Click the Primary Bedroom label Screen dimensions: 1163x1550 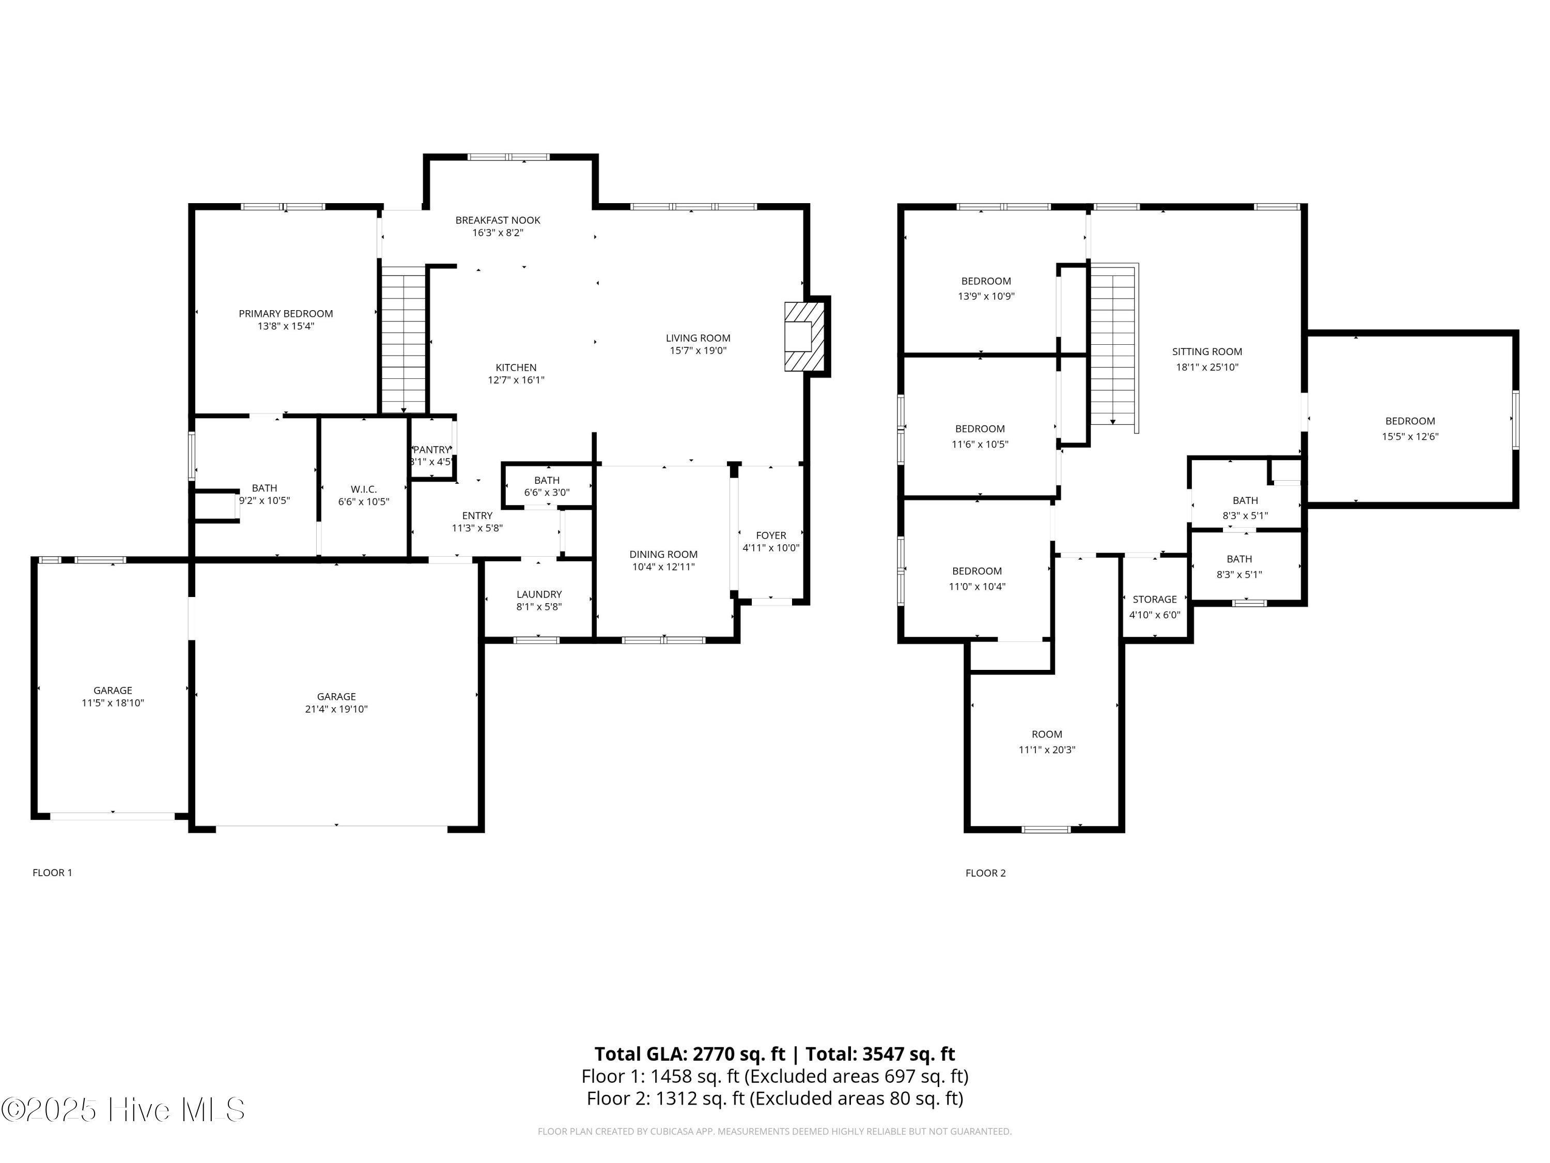[x=286, y=313]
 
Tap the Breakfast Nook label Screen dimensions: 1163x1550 [x=498, y=220]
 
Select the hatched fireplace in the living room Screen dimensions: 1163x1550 [x=804, y=336]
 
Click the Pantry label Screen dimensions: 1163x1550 [x=431, y=449]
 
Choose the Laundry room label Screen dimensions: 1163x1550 [x=539, y=594]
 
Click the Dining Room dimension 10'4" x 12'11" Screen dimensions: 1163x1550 [x=663, y=567]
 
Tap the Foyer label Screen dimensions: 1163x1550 [x=771, y=535]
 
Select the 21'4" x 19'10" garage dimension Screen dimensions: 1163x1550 [x=336, y=709]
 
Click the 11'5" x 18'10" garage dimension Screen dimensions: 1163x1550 [x=113, y=702]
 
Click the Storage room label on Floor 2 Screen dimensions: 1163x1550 [x=1155, y=600]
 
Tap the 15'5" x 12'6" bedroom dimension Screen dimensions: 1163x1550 [x=1410, y=436]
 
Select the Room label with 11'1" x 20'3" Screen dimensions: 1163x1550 [x=1047, y=734]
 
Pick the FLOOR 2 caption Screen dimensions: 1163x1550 [x=985, y=873]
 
